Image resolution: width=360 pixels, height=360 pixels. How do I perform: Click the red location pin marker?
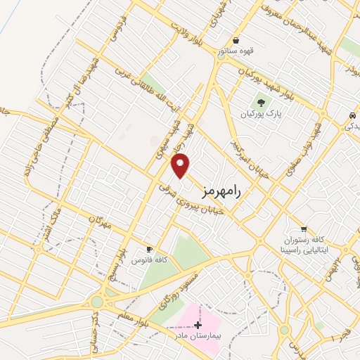point(181,165)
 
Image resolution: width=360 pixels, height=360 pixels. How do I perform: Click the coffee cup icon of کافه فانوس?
point(149,250)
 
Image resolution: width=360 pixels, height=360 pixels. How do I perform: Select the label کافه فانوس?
point(150,261)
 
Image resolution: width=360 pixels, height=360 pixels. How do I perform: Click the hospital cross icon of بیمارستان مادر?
point(198,325)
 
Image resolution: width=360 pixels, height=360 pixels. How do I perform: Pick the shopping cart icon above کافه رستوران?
point(303,229)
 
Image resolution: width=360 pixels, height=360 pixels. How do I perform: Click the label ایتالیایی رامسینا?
point(302,250)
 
